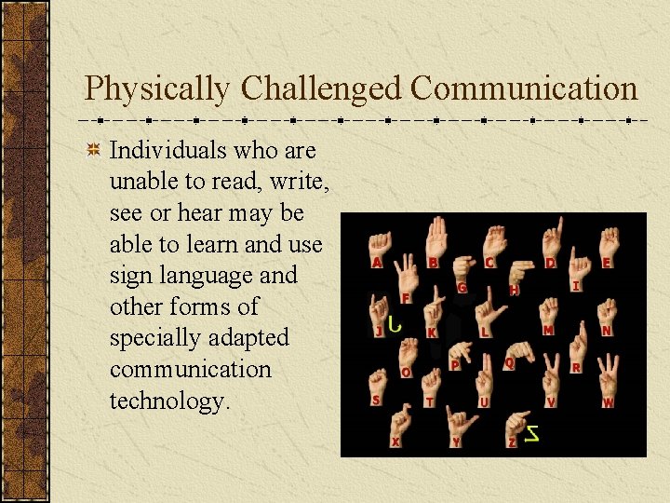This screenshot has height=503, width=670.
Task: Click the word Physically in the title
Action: (x=156, y=89)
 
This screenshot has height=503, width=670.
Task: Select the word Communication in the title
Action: (x=524, y=88)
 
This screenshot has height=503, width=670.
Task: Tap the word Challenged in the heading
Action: (x=321, y=89)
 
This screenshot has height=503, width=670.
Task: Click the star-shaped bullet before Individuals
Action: (x=93, y=150)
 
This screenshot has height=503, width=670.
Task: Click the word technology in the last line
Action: (x=167, y=401)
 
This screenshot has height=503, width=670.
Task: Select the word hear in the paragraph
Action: (x=199, y=212)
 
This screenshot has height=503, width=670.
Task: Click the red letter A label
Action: (x=376, y=264)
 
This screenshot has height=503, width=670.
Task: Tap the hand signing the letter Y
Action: (x=455, y=421)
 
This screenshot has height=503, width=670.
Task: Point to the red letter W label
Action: (x=608, y=402)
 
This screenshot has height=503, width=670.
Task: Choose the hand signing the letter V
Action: (x=552, y=379)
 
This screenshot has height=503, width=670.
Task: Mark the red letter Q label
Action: (x=509, y=362)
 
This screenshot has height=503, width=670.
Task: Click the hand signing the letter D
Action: (x=555, y=238)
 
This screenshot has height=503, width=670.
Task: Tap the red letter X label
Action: (x=395, y=442)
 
